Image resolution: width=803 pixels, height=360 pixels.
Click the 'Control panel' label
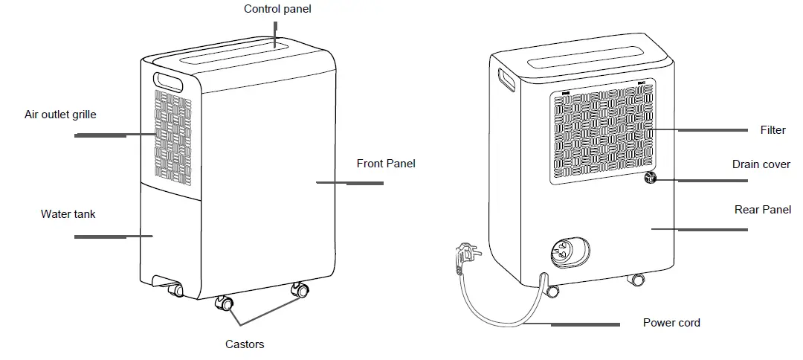point(277,10)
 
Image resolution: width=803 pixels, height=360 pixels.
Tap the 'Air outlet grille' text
point(60,115)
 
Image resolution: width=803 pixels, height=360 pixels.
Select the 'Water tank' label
point(68,214)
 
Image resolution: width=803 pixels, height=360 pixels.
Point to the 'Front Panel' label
point(386,164)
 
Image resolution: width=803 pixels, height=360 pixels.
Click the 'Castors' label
point(245,344)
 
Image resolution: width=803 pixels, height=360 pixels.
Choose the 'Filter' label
point(773,130)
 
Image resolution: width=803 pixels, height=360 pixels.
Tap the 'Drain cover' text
point(761,164)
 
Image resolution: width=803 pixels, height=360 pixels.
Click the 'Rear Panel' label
point(762,210)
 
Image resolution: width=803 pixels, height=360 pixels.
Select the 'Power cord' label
point(671,323)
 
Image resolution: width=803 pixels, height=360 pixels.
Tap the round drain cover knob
point(651,178)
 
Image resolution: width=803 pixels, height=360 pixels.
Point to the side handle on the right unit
point(507,79)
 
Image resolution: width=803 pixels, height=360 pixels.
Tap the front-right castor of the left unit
point(301,291)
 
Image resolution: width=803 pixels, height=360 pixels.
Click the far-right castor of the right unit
point(636,281)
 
